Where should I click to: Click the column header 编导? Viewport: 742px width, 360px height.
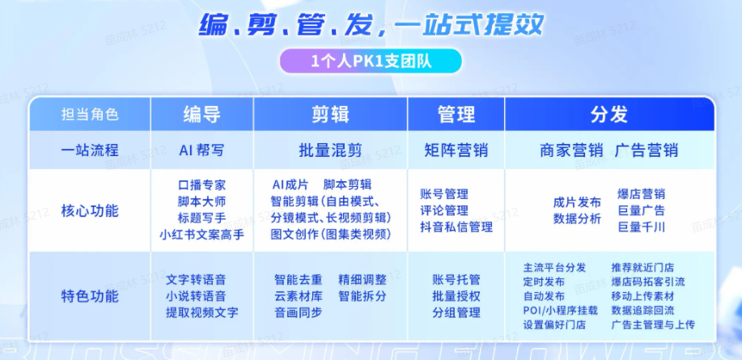(201, 114)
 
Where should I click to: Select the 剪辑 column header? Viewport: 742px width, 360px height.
(329, 114)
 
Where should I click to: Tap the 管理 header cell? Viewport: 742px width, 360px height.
(456, 114)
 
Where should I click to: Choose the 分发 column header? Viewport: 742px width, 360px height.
(608, 114)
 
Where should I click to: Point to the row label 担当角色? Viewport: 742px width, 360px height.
(90, 115)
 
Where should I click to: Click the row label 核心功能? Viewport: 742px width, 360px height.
(90, 211)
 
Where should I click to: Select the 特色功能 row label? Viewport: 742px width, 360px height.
(90, 295)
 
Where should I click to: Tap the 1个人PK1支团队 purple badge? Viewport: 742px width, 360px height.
(370, 61)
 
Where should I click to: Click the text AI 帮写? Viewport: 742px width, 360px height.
(201, 150)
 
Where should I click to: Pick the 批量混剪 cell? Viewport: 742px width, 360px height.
(329, 150)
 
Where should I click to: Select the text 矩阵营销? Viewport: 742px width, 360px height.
(456, 150)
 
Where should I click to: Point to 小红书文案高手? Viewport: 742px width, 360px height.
(201, 235)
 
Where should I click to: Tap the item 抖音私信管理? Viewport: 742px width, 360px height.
(456, 227)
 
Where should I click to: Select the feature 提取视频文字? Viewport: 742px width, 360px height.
(201, 312)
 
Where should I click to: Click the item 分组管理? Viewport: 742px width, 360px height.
(456, 312)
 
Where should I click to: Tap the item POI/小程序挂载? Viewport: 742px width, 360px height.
(561, 310)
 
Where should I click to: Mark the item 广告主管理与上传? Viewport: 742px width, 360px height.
(653, 324)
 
